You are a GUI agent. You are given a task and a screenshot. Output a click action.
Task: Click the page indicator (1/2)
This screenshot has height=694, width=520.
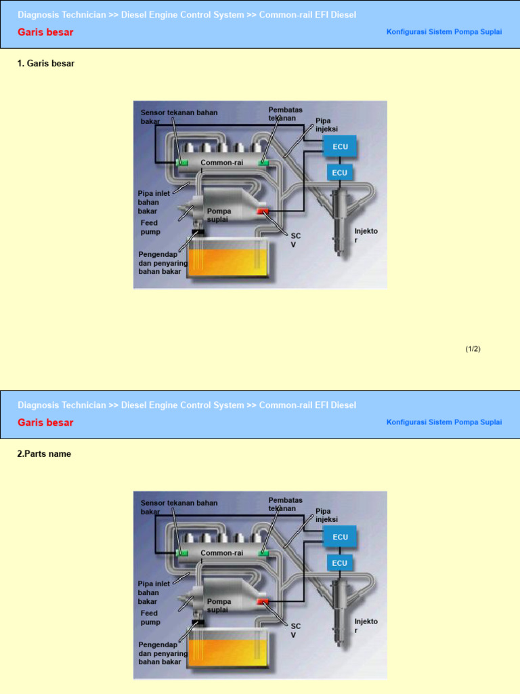tap(473, 349)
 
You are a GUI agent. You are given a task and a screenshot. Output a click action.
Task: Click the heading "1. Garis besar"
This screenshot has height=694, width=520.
tap(46, 64)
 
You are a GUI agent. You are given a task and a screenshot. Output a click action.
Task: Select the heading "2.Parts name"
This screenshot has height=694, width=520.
tap(44, 454)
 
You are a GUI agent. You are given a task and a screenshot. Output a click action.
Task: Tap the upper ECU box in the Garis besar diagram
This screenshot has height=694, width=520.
tap(340, 146)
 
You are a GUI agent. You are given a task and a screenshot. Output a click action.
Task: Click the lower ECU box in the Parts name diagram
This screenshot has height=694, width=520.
tap(340, 563)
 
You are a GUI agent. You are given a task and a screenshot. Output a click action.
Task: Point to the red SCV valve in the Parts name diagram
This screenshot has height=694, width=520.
tap(263, 602)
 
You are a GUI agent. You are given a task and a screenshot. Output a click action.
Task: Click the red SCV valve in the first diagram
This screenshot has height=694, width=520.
tap(263, 211)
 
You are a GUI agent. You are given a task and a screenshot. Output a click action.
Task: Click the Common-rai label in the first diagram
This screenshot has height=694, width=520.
tap(221, 163)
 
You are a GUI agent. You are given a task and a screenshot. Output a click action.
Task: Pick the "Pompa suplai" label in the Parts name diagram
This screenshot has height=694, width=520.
tap(219, 605)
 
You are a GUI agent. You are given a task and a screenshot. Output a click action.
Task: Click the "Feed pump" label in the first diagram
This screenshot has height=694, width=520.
tap(150, 227)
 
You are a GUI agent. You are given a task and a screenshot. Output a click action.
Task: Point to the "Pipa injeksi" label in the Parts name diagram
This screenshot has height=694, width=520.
tap(327, 515)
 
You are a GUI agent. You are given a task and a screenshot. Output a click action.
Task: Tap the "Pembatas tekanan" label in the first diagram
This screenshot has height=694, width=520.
tap(285, 114)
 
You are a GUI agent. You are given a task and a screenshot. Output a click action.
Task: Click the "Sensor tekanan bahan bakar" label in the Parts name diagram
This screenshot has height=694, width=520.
tap(179, 507)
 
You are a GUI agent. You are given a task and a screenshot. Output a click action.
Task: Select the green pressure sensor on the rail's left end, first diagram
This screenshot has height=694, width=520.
tap(181, 163)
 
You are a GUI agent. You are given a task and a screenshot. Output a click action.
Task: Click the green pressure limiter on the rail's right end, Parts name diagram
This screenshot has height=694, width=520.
tap(263, 553)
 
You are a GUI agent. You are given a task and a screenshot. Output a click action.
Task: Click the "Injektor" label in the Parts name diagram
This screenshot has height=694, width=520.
tap(366, 626)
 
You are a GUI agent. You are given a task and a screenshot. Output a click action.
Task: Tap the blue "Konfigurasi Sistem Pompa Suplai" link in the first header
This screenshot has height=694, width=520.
tap(444, 32)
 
